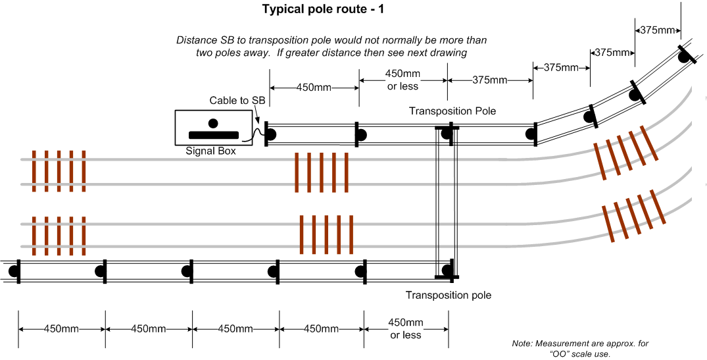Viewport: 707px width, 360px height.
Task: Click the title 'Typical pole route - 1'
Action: click(324, 9)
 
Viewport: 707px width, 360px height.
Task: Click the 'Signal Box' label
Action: click(210, 151)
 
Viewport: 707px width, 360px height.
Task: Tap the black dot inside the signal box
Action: click(213, 123)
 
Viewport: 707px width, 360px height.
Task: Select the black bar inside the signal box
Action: click(213, 134)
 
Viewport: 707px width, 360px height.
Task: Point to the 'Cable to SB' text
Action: click(237, 100)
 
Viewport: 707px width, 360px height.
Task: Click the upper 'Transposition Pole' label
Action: click(452, 111)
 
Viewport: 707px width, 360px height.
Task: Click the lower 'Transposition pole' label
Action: click(448, 296)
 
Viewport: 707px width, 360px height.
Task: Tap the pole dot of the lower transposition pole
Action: click(447, 270)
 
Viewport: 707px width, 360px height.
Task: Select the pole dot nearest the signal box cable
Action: click(270, 134)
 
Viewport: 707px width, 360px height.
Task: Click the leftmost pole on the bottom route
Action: click(14, 271)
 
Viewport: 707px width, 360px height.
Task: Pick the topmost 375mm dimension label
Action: click(658, 30)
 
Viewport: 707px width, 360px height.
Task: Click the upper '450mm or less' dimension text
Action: click(402, 80)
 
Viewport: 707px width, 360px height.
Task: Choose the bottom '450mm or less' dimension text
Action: click(406, 328)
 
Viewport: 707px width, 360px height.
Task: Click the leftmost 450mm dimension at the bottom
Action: click(61, 329)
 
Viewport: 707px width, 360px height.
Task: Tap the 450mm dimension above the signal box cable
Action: click(314, 88)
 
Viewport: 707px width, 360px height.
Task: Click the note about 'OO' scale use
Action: click(580, 349)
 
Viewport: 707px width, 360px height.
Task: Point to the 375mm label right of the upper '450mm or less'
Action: click(490, 80)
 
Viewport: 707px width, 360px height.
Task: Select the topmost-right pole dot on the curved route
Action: click(685, 57)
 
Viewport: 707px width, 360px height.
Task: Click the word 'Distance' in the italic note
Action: click(196, 40)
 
